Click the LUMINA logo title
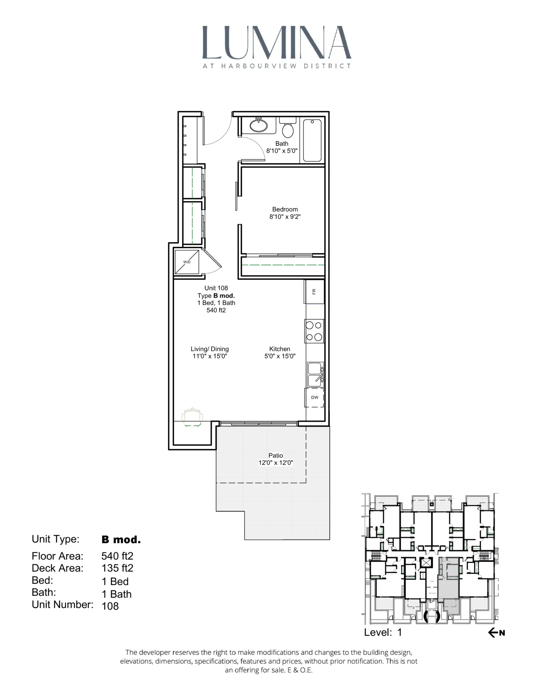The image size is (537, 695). point(276,43)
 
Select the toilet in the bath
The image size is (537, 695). point(288,129)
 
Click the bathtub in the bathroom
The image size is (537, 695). point(312,140)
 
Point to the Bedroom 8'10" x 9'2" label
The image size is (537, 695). point(285,213)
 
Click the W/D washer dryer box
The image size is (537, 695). point(187,262)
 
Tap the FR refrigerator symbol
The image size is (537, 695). point(314,291)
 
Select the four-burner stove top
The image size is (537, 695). point(314,331)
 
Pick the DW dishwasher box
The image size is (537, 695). point(314,397)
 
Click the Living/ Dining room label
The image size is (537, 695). point(210,352)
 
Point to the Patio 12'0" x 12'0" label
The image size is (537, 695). point(275,459)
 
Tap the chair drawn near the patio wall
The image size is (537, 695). point(192,417)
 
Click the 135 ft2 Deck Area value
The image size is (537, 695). point(117,568)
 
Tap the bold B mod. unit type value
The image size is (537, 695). point(121,540)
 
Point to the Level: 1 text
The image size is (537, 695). point(383,632)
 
